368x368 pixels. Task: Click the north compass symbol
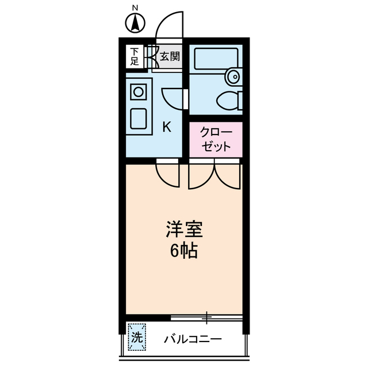coord(135,24)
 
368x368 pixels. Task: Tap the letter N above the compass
coord(135,7)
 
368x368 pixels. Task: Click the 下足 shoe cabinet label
coord(134,56)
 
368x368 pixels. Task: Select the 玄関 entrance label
coord(170,56)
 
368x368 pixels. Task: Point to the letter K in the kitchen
coord(166,127)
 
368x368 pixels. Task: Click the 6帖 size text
coord(184,251)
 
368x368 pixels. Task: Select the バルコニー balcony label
coord(194,339)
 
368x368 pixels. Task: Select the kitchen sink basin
coord(139,117)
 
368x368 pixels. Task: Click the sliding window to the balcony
coord(207,317)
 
